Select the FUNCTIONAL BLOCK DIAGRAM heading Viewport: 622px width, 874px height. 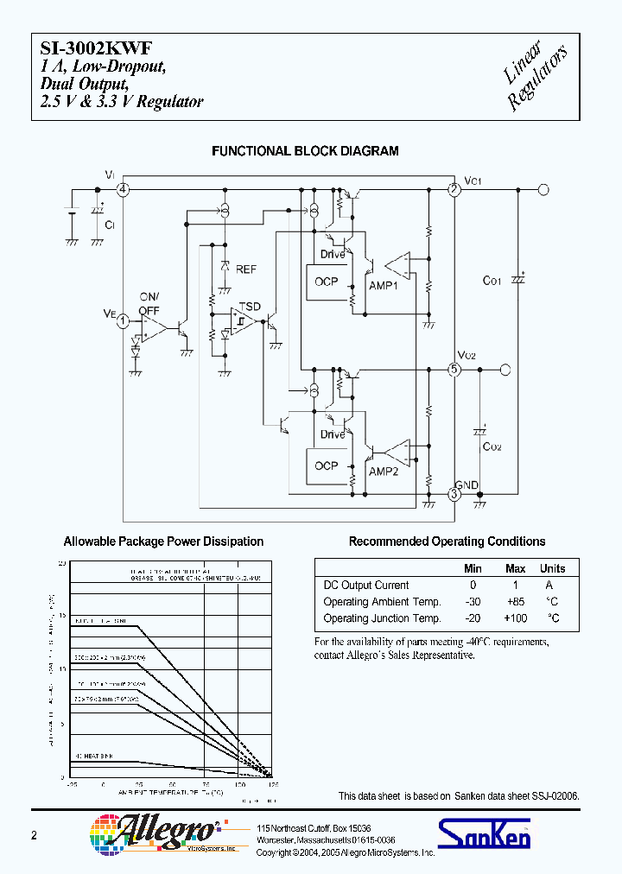click(x=305, y=151)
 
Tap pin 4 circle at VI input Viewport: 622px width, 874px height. click(x=124, y=189)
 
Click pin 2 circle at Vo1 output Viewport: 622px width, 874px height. click(x=454, y=189)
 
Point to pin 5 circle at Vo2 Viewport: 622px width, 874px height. click(x=454, y=370)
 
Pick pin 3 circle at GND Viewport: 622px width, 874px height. click(x=454, y=494)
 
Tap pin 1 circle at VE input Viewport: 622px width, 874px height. click(x=124, y=320)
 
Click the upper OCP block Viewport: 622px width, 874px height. click(x=327, y=282)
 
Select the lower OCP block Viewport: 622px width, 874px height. click(x=327, y=465)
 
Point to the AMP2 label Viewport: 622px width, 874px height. click(x=383, y=472)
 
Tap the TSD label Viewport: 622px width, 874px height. click(x=249, y=307)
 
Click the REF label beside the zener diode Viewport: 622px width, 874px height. click(x=245, y=269)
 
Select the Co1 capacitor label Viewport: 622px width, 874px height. click(x=492, y=281)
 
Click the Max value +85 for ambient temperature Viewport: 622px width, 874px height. click(x=515, y=602)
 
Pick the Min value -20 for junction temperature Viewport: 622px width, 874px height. click(x=473, y=618)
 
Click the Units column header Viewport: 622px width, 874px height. click(x=552, y=568)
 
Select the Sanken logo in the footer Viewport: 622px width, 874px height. click(x=484, y=833)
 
